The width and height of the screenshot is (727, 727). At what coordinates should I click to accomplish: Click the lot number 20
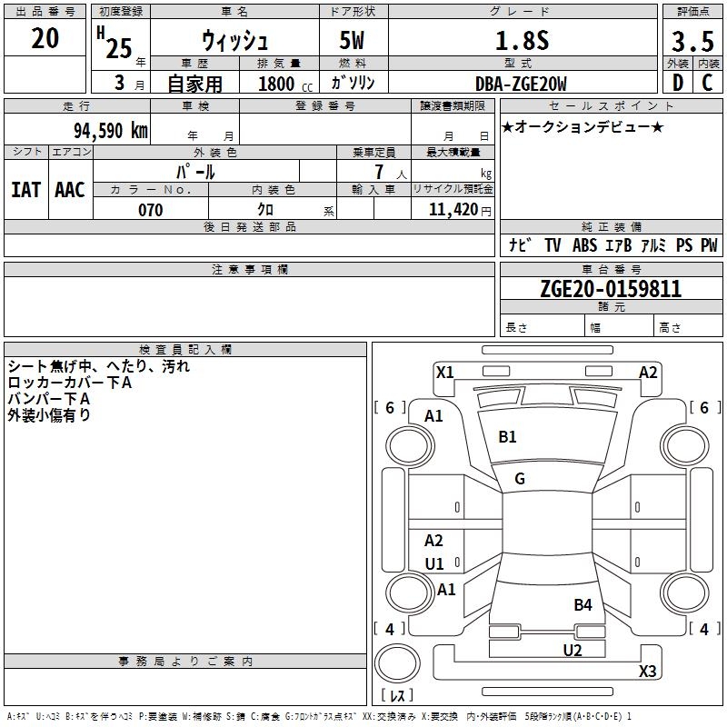[x=45, y=38]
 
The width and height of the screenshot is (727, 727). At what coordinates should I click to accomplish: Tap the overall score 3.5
[x=692, y=41]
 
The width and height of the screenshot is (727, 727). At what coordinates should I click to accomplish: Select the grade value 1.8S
[x=522, y=40]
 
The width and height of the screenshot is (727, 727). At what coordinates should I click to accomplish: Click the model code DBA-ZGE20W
[x=521, y=84]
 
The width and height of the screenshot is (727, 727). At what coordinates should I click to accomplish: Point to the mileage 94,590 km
[x=111, y=131]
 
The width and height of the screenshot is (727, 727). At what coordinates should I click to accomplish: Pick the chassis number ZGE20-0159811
[x=611, y=288]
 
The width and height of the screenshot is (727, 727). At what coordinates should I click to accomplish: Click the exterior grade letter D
[x=678, y=83]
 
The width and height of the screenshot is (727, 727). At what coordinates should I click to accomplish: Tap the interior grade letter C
[x=707, y=83]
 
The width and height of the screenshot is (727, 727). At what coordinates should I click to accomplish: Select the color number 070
[x=150, y=210]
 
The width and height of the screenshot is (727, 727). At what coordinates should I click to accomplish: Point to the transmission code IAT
[x=26, y=190]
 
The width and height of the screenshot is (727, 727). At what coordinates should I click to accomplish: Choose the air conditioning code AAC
[x=70, y=190]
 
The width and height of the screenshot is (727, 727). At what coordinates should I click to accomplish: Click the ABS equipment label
[x=584, y=245]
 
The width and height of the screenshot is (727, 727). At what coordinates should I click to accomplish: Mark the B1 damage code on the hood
[x=507, y=437]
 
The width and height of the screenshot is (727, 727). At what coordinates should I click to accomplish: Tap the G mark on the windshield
[x=520, y=479]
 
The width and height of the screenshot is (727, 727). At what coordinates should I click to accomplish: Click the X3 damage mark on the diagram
[x=647, y=671]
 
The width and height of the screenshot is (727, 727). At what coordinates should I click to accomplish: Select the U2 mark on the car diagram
[x=573, y=651]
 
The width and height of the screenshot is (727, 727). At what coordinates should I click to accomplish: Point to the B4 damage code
[x=583, y=605]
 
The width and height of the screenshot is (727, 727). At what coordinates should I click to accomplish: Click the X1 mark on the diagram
[x=444, y=373]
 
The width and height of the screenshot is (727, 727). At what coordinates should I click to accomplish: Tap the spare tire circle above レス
[x=397, y=663]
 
